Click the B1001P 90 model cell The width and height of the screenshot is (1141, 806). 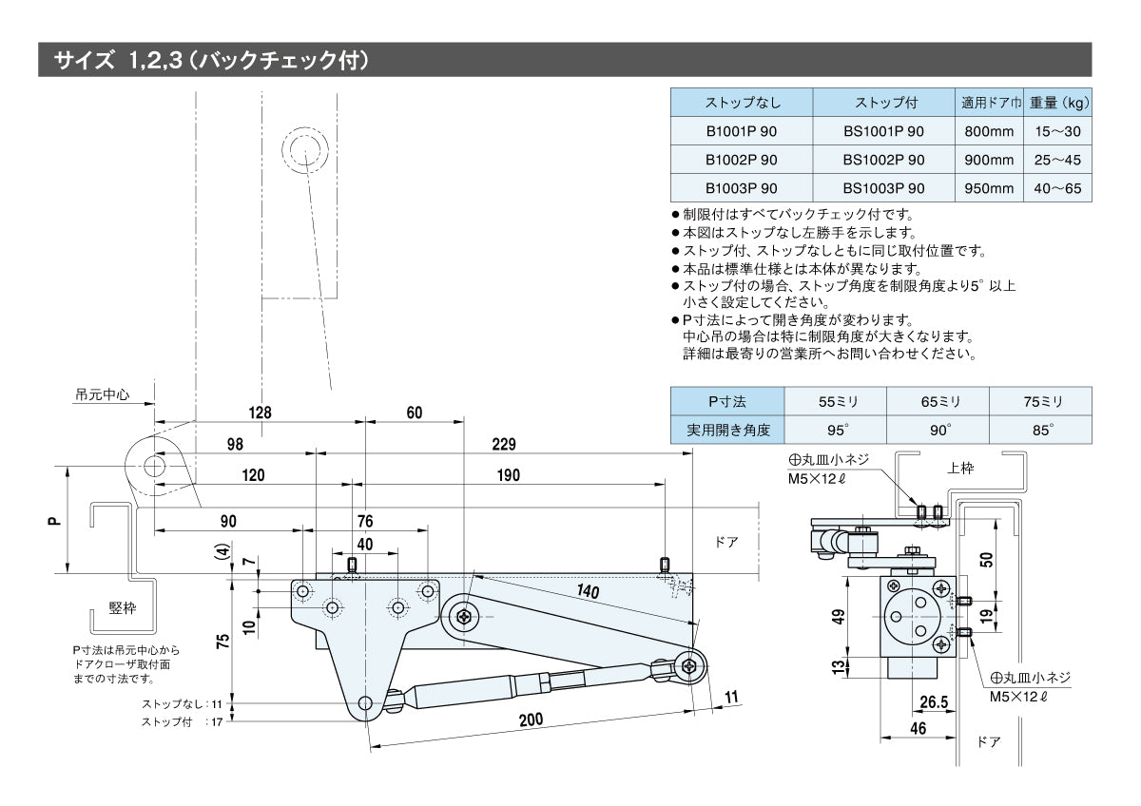(741, 131)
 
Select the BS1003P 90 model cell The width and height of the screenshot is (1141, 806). (883, 188)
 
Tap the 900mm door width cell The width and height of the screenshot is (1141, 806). (988, 160)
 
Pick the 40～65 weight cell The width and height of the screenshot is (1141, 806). (1057, 188)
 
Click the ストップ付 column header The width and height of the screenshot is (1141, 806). (883, 103)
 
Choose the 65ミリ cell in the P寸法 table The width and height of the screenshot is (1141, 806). (938, 401)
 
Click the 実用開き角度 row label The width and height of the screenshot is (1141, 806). (727, 430)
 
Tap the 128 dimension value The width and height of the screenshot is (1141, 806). (260, 413)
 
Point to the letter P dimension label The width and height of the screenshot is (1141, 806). (54, 520)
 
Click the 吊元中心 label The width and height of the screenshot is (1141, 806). (104, 393)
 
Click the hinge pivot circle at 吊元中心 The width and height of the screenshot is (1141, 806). (153, 466)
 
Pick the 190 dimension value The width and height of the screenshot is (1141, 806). (509, 475)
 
